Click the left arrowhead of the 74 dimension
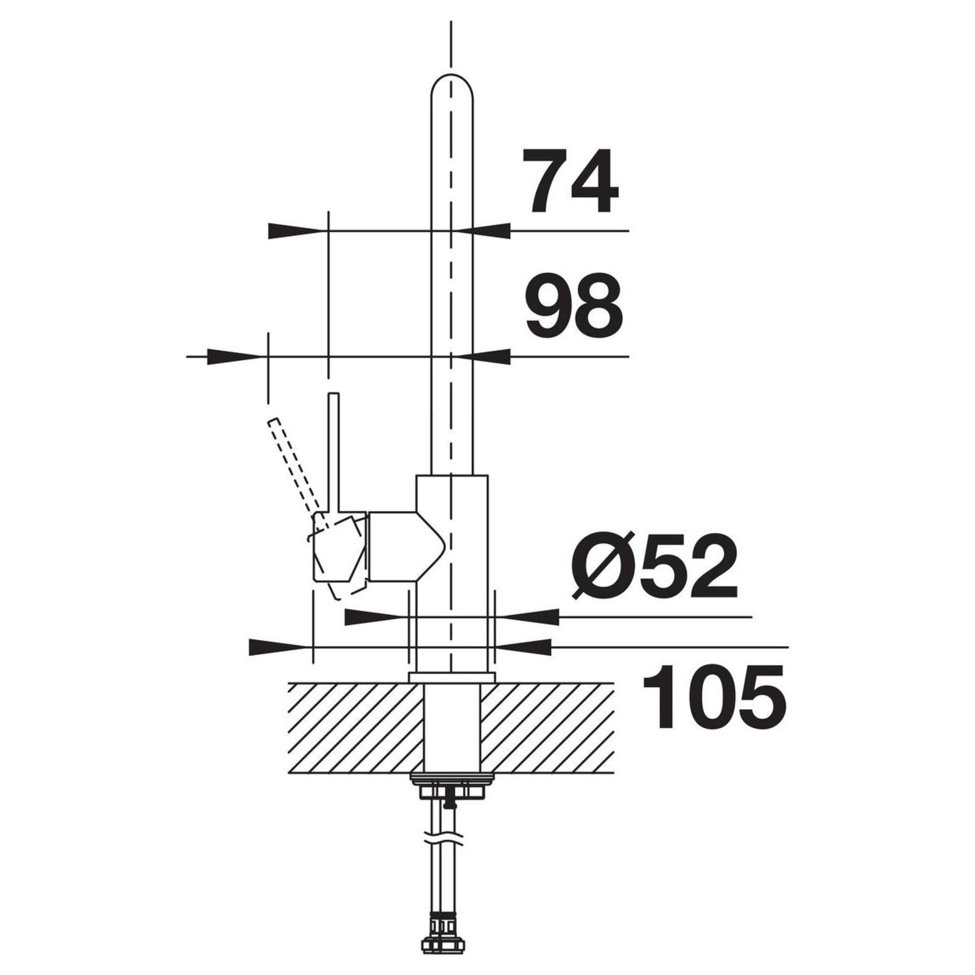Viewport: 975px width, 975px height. point(296,231)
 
